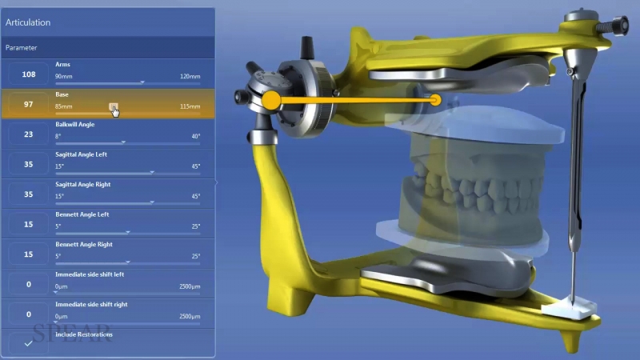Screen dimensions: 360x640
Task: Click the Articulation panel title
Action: [28, 22]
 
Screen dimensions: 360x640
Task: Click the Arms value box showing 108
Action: [28, 74]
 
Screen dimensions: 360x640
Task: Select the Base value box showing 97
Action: [28, 105]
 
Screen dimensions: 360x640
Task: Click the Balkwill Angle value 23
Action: [28, 134]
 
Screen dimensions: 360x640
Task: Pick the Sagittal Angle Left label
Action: [81, 154]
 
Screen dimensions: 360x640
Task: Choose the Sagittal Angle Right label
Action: [82, 184]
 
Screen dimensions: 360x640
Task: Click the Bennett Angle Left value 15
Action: [28, 224]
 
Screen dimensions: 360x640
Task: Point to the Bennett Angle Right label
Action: [82, 244]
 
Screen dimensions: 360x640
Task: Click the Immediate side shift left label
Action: [89, 274]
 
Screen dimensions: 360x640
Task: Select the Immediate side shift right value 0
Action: [28, 314]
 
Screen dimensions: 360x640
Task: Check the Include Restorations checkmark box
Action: [28, 343]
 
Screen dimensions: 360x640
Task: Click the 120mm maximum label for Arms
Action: [190, 76]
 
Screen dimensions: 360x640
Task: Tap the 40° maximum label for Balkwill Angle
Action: [195, 136]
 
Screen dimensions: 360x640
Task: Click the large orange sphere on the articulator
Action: [271, 100]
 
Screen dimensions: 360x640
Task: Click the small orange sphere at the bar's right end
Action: [436, 100]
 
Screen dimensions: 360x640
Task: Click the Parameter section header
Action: [21, 48]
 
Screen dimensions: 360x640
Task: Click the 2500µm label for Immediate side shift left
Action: [189, 286]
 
